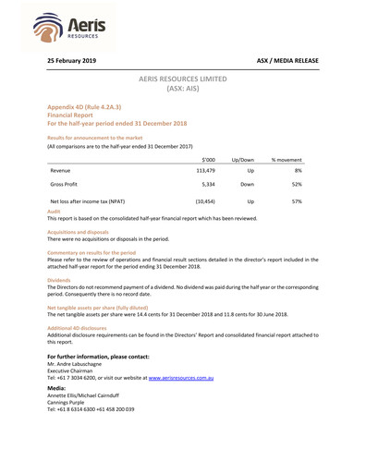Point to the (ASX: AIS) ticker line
point(182,90)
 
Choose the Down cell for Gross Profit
point(247,185)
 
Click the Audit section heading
point(53,212)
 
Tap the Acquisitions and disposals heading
point(79,232)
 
